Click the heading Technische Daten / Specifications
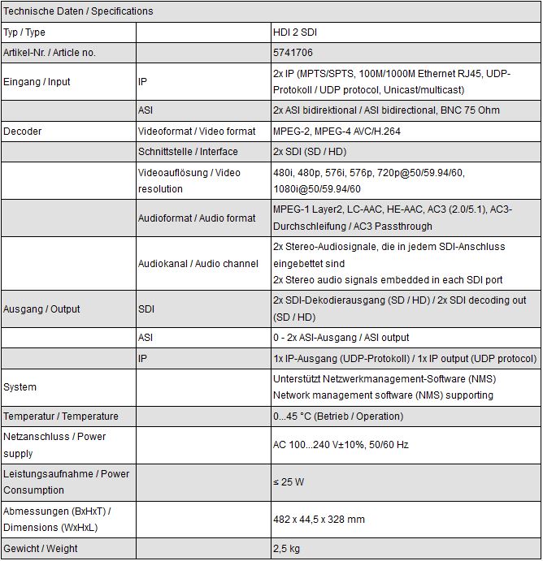click(x=78, y=11)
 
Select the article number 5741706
click(x=292, y=53)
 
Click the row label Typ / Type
click(x=24, y=32)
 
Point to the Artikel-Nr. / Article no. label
click(x=50, y=53)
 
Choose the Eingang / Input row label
click(x=37, y=82)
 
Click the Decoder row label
click(x=23, y=131)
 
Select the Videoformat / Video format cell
click(x=197, y=131)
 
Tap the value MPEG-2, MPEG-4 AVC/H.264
click(x=337, y=131)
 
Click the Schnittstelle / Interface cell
click(x=188, y=152)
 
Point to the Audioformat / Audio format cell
click(x=197, y=218)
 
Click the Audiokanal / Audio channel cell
click(x=198, y=263)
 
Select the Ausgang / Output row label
click(x=41, y=309)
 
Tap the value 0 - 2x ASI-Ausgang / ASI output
click(x=341, y=338)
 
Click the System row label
click(x=20, y=387)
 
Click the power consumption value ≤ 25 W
click(x=289, y=482)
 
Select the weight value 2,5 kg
click(x=286, y=549)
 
